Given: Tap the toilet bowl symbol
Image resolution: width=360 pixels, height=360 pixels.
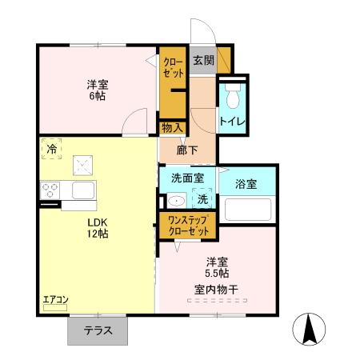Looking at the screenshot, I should coord(233,97).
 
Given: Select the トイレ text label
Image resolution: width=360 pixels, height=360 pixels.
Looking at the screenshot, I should coord(233,122).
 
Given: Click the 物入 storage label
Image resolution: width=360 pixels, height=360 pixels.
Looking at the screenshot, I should coord(173,127).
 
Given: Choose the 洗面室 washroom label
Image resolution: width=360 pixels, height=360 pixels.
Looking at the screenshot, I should coord(188,178).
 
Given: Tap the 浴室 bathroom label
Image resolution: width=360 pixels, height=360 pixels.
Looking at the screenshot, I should coord(246,185).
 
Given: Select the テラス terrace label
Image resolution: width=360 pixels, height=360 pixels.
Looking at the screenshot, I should coord(98,330).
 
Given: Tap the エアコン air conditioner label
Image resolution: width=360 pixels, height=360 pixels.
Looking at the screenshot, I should coord(56,299).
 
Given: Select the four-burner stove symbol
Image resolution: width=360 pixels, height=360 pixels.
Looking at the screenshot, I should coord(50,190).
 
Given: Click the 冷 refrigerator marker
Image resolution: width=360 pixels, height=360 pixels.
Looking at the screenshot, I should coord(52,148).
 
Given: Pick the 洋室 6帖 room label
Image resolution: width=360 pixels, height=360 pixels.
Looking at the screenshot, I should coord(97,90).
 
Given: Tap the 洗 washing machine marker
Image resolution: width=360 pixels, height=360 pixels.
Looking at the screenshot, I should coord(202,198).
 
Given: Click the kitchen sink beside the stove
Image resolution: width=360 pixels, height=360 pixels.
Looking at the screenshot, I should coord(83,190).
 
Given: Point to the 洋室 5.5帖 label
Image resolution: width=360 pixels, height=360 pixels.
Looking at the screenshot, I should coord(217,267).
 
